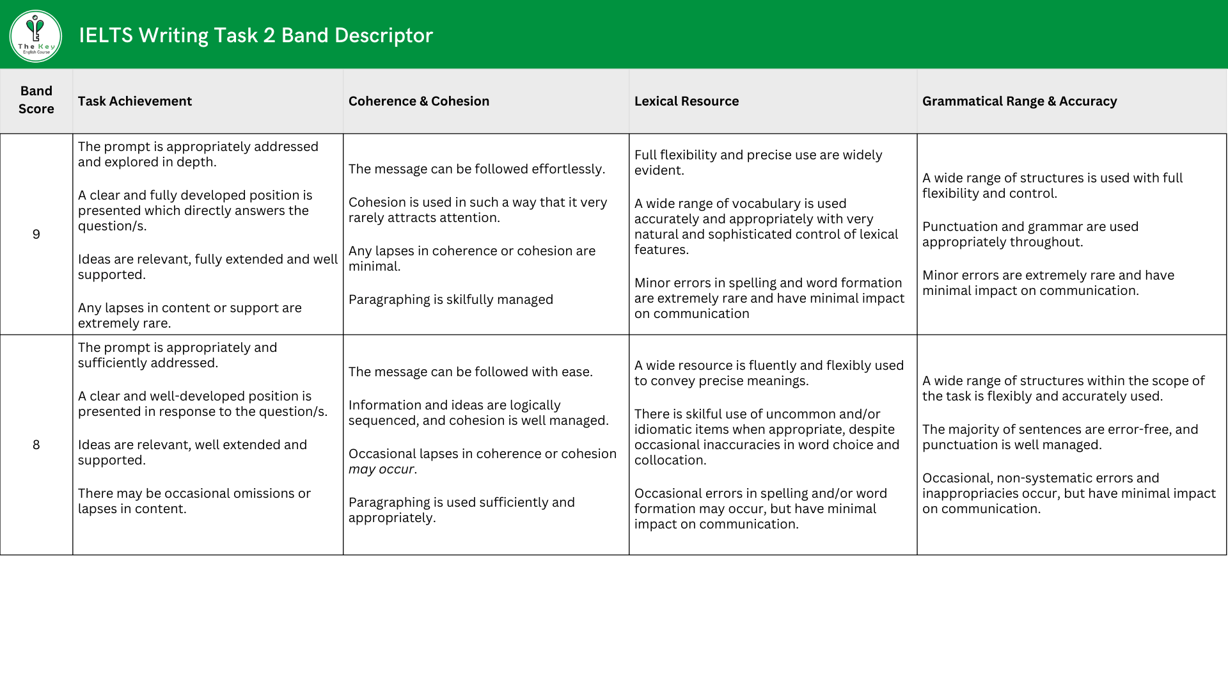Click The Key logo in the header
coord(36,36)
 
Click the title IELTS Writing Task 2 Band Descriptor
coord(256,35)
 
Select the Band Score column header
coord(36,100)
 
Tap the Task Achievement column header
coord(135,101)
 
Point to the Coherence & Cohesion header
coord(419,101)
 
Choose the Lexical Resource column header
coord(686,101)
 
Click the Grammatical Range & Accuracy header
coord(1019,101)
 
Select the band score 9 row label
coord(36,234)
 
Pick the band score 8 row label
coord(36,445)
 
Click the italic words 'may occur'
coord(381,469)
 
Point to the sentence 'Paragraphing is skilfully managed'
coord(451,299)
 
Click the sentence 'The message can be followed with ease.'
coord(471,372)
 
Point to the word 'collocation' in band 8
coord(668,460)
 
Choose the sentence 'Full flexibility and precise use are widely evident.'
coord(758,163)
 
